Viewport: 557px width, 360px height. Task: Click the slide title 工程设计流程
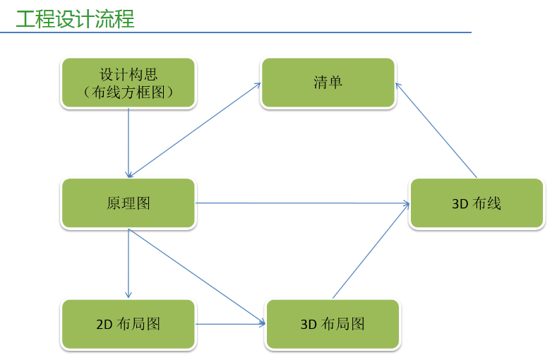point(76,19)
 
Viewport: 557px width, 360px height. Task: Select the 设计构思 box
point(128,83)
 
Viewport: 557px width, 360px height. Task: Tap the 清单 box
point(328,83)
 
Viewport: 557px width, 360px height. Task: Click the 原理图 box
point(128,203)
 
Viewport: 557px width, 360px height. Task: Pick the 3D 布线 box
point(477,203)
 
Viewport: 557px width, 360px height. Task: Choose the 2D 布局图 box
point(128,324)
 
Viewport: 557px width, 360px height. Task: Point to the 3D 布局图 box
point(333,324)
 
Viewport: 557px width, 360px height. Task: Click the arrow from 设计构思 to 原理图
point(128,143)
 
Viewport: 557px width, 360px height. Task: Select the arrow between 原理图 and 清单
point(194,130)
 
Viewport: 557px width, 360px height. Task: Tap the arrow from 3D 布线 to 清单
point(436,130)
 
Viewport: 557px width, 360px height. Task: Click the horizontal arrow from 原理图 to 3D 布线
point(302,203)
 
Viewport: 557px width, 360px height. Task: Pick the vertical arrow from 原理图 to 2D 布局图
point(128,263)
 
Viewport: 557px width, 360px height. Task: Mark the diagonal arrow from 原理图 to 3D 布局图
point(197,276)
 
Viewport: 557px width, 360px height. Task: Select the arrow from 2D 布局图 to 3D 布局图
point(231,324)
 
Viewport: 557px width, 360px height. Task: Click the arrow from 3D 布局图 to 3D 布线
point(371,251)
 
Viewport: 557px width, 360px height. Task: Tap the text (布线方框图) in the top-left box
point(128,92)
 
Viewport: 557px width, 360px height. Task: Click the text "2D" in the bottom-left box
point(104,325)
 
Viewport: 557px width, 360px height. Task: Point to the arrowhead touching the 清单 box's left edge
point(257,85)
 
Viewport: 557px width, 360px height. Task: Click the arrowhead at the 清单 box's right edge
point(399,86)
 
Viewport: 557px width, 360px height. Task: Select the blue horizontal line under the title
point(236,32)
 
